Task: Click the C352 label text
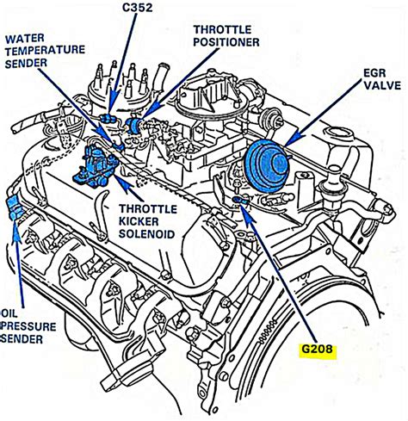tap(138, 8)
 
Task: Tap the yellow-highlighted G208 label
tap(317, 350)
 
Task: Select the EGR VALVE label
tap(382, 79)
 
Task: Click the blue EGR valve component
tap(267, 166)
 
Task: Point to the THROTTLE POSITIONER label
tap(226, 36)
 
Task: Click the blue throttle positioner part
tap(133, 124)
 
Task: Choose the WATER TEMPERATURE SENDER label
tap(45, 51)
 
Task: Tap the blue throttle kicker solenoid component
tap(96, 166)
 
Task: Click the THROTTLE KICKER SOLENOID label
tap(147, 221)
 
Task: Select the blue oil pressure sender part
tap(14, 208)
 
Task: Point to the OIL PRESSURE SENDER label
tap(28, 326)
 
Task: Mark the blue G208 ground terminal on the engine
tap(239, 201)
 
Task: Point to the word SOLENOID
tap(147, 234)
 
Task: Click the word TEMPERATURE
tap(45, 51)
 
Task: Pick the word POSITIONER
tap(226, 42)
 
